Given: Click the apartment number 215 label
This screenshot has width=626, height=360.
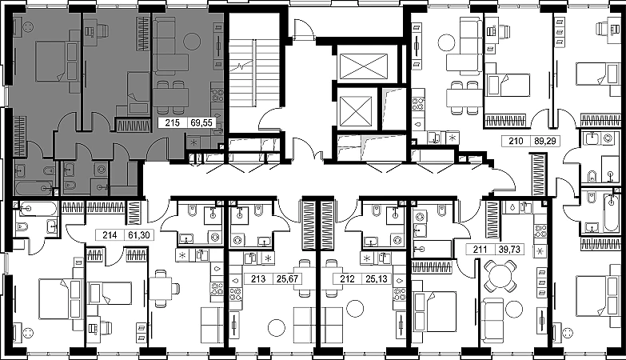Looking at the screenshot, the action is (173, 122).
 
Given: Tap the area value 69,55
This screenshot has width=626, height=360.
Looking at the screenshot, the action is (201, 122).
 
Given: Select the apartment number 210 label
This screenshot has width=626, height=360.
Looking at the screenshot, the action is (515, 141).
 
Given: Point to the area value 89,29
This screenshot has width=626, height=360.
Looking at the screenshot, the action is (544, 141).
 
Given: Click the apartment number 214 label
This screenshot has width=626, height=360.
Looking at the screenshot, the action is (110, 235).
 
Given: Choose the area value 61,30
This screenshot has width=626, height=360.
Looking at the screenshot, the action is (139, 235).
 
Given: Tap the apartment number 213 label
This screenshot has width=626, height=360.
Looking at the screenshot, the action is (258, 279).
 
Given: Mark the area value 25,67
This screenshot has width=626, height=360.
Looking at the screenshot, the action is (288, 279).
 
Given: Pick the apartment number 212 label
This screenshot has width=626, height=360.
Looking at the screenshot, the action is (347, 279).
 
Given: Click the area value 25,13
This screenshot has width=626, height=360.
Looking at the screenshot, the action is (377, 279).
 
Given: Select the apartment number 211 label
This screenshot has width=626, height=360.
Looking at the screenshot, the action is (480, 250).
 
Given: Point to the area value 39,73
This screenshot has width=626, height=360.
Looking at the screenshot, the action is (510, 250).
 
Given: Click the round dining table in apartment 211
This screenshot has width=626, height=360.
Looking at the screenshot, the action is (500, 276).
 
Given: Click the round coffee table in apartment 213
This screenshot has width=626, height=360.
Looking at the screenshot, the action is (277, 328).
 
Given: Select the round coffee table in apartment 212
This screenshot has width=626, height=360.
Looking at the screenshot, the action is (355, 310).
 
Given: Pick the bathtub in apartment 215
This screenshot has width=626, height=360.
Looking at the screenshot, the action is (34, 188).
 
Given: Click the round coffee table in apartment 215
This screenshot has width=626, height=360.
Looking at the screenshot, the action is (192, 40).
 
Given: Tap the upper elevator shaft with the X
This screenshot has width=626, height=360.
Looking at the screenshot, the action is (363, 65).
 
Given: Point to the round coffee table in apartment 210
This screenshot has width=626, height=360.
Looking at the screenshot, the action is (447, 42).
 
